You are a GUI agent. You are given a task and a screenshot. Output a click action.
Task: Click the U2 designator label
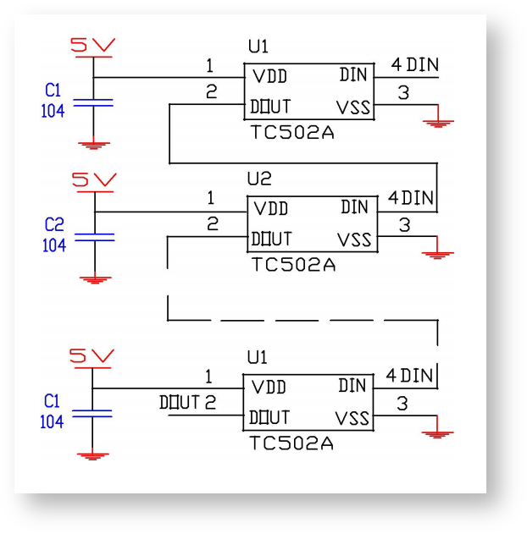pyautogui.click(x=258, y=179)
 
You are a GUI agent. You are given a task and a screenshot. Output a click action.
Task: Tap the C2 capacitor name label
pyautogui.click(x=53, y=225)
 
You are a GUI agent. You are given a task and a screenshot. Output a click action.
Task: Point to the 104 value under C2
pyautogui.click(x=53, y=245)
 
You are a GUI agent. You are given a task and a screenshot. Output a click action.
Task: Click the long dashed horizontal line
pyautogui.click(x=301, y=321)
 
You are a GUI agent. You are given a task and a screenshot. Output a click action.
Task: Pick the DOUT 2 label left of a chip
pyautogui.click(x=187, y=402)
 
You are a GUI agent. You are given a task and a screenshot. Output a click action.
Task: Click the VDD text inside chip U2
pyautogui.click(x=271, y=208)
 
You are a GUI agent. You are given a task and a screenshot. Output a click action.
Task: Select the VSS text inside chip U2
pyautogui.click(x=354, y=239)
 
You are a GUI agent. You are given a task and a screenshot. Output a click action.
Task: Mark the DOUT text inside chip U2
pyautogui.click(x=271, y=239)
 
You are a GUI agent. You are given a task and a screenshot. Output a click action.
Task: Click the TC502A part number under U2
pyautogui.click(x=293, y=264)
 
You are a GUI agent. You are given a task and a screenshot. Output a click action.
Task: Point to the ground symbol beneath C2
pyautogui.click(x=95, y=277)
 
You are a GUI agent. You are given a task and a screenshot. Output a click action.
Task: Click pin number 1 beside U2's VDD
pyautogui.click(x=210, y=198)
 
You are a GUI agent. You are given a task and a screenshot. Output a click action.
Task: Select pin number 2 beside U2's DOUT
pyautogui.click(x=212, y=224)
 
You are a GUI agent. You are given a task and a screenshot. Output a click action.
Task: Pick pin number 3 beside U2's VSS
pyautogui.click(x=404, y=225)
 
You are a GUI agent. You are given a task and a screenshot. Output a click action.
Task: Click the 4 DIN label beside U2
pyautogui.click(x=411, y=198)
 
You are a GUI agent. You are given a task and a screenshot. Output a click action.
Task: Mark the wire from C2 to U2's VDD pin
pyautogui.click(x=169, y=212)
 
